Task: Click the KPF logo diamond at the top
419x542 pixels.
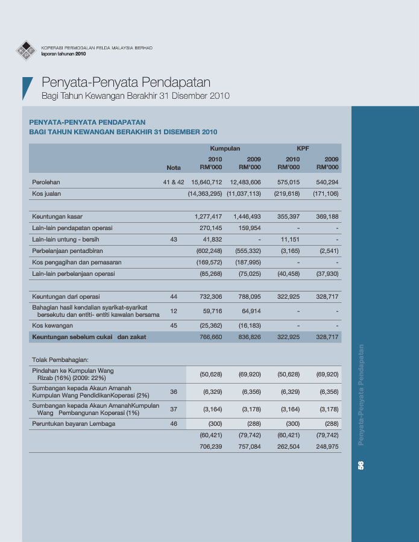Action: tap(26, 50)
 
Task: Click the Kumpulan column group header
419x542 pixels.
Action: tap(225, 148)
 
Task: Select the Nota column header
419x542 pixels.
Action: tap(174, 167)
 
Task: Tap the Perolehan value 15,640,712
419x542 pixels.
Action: tap(206, 182)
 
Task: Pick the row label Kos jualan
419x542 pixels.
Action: tap(46, 194)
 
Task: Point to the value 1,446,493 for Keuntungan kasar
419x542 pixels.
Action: tap(247, 216)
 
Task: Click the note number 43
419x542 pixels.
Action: tap(174, 239)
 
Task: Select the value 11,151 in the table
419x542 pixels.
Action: tap(290, 239)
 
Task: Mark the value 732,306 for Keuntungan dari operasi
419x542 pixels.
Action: tap(209, 297)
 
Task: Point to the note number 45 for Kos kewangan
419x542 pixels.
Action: tap(174, 326)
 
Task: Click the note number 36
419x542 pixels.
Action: tap(174, 392)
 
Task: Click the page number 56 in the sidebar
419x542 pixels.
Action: tap(361, 465)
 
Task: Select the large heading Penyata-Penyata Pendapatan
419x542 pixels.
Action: tap(126, 83)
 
